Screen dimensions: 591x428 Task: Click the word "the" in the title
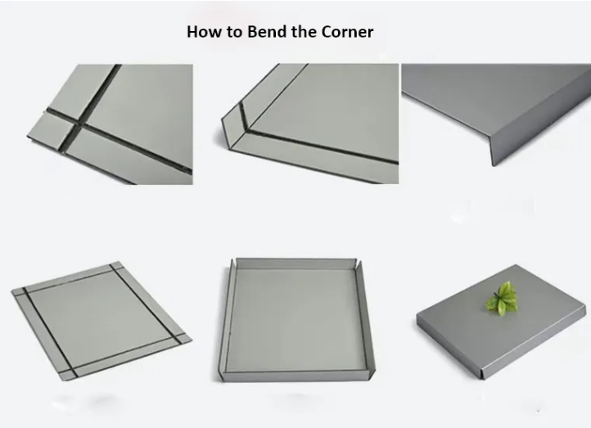click(305, 32)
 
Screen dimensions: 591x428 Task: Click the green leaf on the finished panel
click(503, 300)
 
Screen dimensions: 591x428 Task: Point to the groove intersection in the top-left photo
click(79, 124)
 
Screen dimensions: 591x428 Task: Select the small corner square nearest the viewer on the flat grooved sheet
click(68, 375)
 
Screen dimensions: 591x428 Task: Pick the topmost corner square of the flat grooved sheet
click(116, 266)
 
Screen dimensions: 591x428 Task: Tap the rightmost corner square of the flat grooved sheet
click(183, 338)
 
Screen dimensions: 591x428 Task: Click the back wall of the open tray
click(295, 264)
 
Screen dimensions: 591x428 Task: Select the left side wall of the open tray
click(225, 320)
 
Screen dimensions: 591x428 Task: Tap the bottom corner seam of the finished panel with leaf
click(481, 375)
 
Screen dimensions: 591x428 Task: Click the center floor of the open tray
click(295, 319)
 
